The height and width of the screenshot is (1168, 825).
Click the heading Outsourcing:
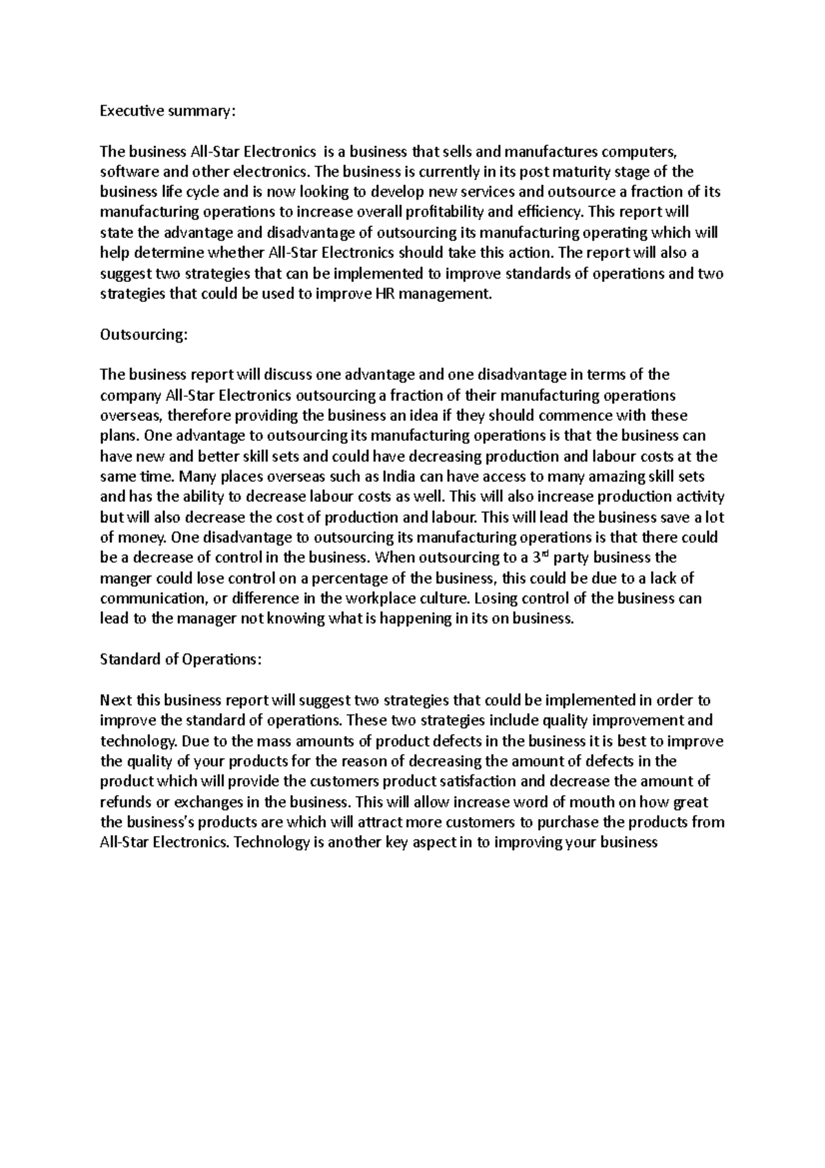pyautogui.click(x=143, y=334)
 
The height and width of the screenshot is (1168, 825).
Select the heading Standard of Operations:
pyautogui.click(x=181, y=659)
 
